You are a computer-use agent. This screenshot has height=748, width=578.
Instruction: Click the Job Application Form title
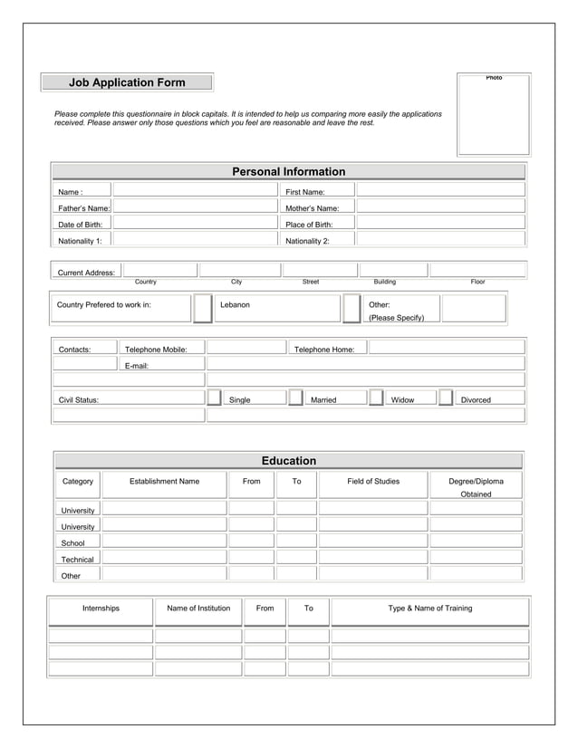[x=127, y=82]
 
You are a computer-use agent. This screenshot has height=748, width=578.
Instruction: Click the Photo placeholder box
[x=494, y=115]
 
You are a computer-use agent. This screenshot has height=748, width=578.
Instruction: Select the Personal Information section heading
[x=288, y=171]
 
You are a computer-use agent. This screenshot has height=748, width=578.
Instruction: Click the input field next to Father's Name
[x=193, y=207]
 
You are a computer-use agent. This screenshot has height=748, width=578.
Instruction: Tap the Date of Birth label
[x=81, y=225]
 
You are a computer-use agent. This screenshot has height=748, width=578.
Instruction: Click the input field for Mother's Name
[x=440, y=207]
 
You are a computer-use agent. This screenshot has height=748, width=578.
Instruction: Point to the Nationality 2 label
[x=307, y=241]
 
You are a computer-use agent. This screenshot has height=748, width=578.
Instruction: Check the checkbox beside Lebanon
[x=203, y=308]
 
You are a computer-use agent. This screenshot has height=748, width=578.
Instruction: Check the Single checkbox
[x=215, y=398]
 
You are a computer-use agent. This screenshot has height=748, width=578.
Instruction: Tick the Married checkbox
[x=296, y=398]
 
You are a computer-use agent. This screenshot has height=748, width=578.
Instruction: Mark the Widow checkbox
[x=376, y=398]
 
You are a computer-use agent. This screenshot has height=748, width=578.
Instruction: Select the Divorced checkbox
[x=445, y=398]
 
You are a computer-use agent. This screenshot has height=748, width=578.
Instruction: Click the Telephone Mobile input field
[x=246, y=348]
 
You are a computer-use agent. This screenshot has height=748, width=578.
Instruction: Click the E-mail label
[x=137, y=366]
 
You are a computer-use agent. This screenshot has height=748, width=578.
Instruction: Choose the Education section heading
[x=288, y=461]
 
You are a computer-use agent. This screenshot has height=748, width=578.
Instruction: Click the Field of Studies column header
[x=373, y=481]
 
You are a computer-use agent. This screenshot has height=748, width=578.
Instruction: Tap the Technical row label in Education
[x=77, y=560]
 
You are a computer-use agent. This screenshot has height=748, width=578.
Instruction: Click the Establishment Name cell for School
[x=163, y=542]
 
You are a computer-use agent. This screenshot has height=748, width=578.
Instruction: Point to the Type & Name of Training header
[x=429, y=608]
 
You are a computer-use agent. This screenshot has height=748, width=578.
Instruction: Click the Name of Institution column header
[x=198, y=608]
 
